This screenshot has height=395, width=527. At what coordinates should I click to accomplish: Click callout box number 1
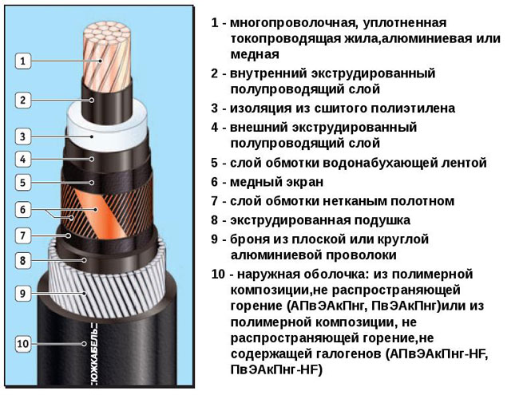pos(23,60)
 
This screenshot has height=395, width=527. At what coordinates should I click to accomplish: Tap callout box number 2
pos(23,100)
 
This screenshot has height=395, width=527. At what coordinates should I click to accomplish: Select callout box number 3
pos(23,136)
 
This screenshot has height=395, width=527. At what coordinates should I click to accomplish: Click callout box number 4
pos(23,158)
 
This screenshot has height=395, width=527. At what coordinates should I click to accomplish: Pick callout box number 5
pos(23,183)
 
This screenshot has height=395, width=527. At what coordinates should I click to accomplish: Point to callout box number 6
pos(23,210)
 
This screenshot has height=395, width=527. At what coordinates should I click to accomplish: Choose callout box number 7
pos(23,235)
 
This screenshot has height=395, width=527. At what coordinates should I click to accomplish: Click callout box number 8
pos(23,260)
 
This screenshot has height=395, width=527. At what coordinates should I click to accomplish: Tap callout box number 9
pos(23,293)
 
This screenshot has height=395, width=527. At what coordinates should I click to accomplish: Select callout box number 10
pos(23,344)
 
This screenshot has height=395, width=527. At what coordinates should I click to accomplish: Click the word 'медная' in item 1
pos(255,54)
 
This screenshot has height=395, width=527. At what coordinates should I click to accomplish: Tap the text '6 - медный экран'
pos(264,182)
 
